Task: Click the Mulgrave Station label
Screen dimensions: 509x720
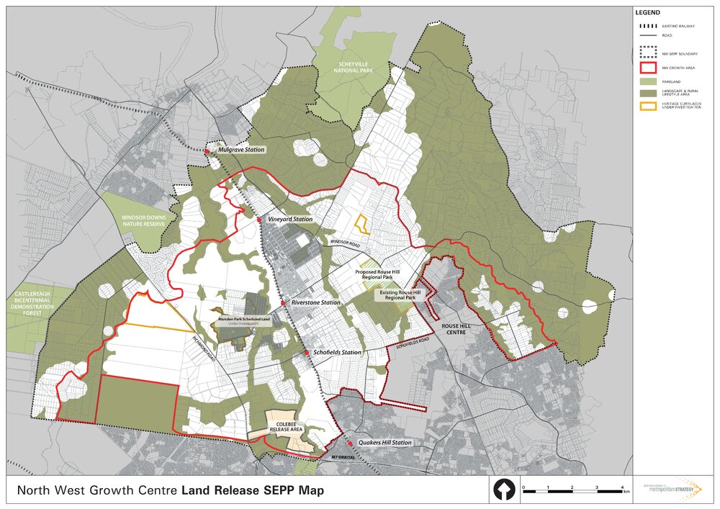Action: click(x=241, y=150)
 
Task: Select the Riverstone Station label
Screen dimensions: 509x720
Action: click(x=316, y=303)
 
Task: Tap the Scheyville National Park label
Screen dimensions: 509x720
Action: click(x=349, y=68)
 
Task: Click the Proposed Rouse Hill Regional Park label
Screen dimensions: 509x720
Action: click(x=381, y=275)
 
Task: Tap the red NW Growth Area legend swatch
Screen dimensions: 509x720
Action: click(x=646, y=68)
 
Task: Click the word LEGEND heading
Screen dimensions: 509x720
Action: click(x=647, y=13)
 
